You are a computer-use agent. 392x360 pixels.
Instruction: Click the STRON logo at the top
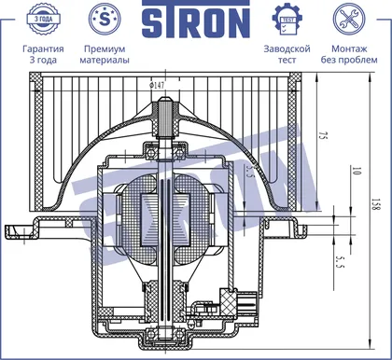coord(196,20)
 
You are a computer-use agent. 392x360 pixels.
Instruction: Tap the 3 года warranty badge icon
coord(43,19)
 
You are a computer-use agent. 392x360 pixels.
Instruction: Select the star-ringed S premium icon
coord(105,19)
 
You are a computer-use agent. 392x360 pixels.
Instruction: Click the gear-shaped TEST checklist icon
coord(287,19)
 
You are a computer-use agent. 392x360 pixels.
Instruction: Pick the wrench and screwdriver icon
coord(349,19)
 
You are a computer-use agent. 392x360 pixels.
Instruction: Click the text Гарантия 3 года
coord(43,54)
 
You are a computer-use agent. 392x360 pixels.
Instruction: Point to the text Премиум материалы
coord(105,54)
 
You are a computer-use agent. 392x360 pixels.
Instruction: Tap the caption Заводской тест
coord(287,54)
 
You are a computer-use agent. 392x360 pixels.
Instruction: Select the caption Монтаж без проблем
coord(349,54)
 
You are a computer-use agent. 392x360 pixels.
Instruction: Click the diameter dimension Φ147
coord(157,85)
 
